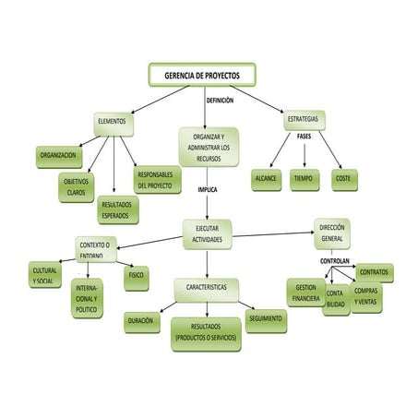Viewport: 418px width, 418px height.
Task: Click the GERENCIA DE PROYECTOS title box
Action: pyautogui.click(x=201, y=75)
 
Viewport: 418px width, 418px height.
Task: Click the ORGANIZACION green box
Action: pyautogui.click(x=57, y=155)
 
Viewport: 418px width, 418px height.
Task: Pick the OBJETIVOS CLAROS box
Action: pyautogui.click(x=76, y=187)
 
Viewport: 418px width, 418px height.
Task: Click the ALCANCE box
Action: pyautogui.click(x=266, y=177)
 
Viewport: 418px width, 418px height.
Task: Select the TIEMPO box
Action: pyautogui.click(x=304, y=177)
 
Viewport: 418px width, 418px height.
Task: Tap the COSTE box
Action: pyautogui.click(x=342, y=177)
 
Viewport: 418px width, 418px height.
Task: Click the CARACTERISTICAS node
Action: pyautogui.click(x=206, y=288)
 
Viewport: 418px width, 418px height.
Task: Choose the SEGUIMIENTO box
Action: pyautogui.click(x=265, y=318)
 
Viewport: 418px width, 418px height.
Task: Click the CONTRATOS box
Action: pyautogui.click(x=374, y=272)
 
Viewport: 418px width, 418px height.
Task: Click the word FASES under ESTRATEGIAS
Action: pyautogui.click(x=304, y=136)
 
